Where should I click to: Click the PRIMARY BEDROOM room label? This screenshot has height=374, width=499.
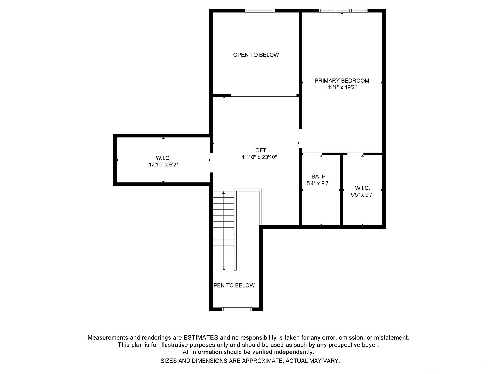[x=342, y=81]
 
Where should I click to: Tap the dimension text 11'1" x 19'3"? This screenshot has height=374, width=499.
[x=342, y=88]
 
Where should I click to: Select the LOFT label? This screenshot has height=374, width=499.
[x=259, y=150]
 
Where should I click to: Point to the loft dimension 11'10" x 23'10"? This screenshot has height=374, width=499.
[x=259, y=157]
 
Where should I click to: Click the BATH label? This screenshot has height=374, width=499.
[x=319, y=176]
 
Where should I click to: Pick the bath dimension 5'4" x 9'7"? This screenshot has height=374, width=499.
[x=319, y=183]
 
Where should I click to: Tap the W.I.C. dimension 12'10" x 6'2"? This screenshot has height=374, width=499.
[x=163, y=165]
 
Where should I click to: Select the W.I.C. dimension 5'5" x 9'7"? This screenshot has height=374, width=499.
[x=362, y=195]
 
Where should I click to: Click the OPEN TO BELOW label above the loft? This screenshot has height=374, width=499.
[x=256, y=55]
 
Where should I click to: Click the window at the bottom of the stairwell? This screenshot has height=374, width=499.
[x=237, y=309]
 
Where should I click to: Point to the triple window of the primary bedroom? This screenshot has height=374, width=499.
[x=343, y=11]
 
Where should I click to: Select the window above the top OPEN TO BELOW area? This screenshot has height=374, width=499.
[x=259, y=11]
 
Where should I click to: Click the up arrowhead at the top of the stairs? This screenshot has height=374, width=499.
[x=223, y=193]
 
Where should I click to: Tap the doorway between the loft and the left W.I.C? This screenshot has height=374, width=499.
[x=211, y=163]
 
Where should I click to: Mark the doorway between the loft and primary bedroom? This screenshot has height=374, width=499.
[x=301, y=138]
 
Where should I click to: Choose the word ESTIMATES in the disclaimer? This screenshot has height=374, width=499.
[x=201, y=338]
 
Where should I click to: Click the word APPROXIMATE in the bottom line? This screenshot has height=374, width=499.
[x=262, y=361]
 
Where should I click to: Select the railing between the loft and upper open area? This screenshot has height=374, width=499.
[x=263, y=96]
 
